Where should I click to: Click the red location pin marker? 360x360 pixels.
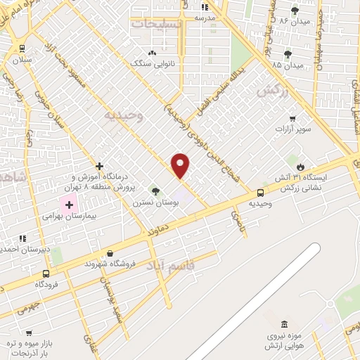pyautogui.click(x=181, y=165)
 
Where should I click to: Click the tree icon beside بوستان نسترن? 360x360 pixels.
pyautogui.click(x=155, y=191)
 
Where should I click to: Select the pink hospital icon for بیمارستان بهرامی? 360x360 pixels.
pyautogui.click(x=68, y=206)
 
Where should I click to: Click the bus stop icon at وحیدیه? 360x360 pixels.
pyautogui.click(x=260, y=193)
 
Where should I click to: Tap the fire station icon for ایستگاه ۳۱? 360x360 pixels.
pyautogui.click(x=301, y=167)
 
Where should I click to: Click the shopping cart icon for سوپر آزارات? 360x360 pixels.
pyautogui.click(x=292, y=119)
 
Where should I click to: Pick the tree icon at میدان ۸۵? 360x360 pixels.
pyautogui.click(x=287, y=54)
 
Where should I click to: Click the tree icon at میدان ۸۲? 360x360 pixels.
pyautogui.click(x=295, y=11)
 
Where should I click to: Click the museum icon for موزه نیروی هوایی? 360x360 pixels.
pyautogui.click(x=284, y=324)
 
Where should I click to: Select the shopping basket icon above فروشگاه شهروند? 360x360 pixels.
pyautogui.click(x=109, y=253)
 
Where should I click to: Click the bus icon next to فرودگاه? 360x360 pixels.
pyautogui.click(x=46, y=274)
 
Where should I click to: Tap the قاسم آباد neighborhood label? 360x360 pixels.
pyautogui.click(x=167, y=266)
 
